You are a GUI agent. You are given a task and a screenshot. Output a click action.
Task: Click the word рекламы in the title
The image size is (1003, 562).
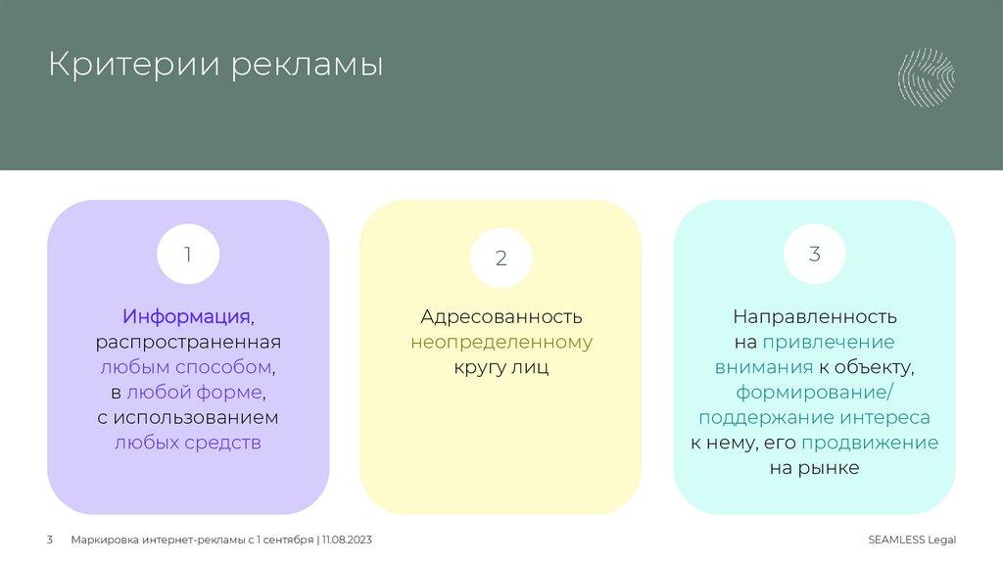(308, 67)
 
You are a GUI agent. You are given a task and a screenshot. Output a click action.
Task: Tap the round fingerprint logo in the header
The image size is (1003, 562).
(926, 76)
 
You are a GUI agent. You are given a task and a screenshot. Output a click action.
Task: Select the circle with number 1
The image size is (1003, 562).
(188, 255)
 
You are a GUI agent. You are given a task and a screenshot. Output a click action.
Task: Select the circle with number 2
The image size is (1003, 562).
(501, 258)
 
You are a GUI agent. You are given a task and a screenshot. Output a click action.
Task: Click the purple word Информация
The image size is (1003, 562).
(186, 317)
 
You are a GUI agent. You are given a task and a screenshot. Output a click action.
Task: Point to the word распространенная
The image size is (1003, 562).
(188, 343)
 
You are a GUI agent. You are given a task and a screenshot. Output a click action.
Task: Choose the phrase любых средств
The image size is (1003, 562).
(188, 443)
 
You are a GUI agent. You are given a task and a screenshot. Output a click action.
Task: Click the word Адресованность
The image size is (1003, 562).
(501, 317)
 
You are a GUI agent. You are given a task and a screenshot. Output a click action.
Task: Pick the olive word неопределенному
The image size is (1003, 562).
(501, 343)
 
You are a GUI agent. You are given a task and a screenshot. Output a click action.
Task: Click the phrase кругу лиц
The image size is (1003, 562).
(501, 367)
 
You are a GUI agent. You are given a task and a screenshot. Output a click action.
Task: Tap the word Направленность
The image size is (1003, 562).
(814, 317)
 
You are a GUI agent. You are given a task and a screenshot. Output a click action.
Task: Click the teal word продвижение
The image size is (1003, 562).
(870, 443)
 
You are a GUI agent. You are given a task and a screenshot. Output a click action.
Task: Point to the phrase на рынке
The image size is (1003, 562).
(814, 468)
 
